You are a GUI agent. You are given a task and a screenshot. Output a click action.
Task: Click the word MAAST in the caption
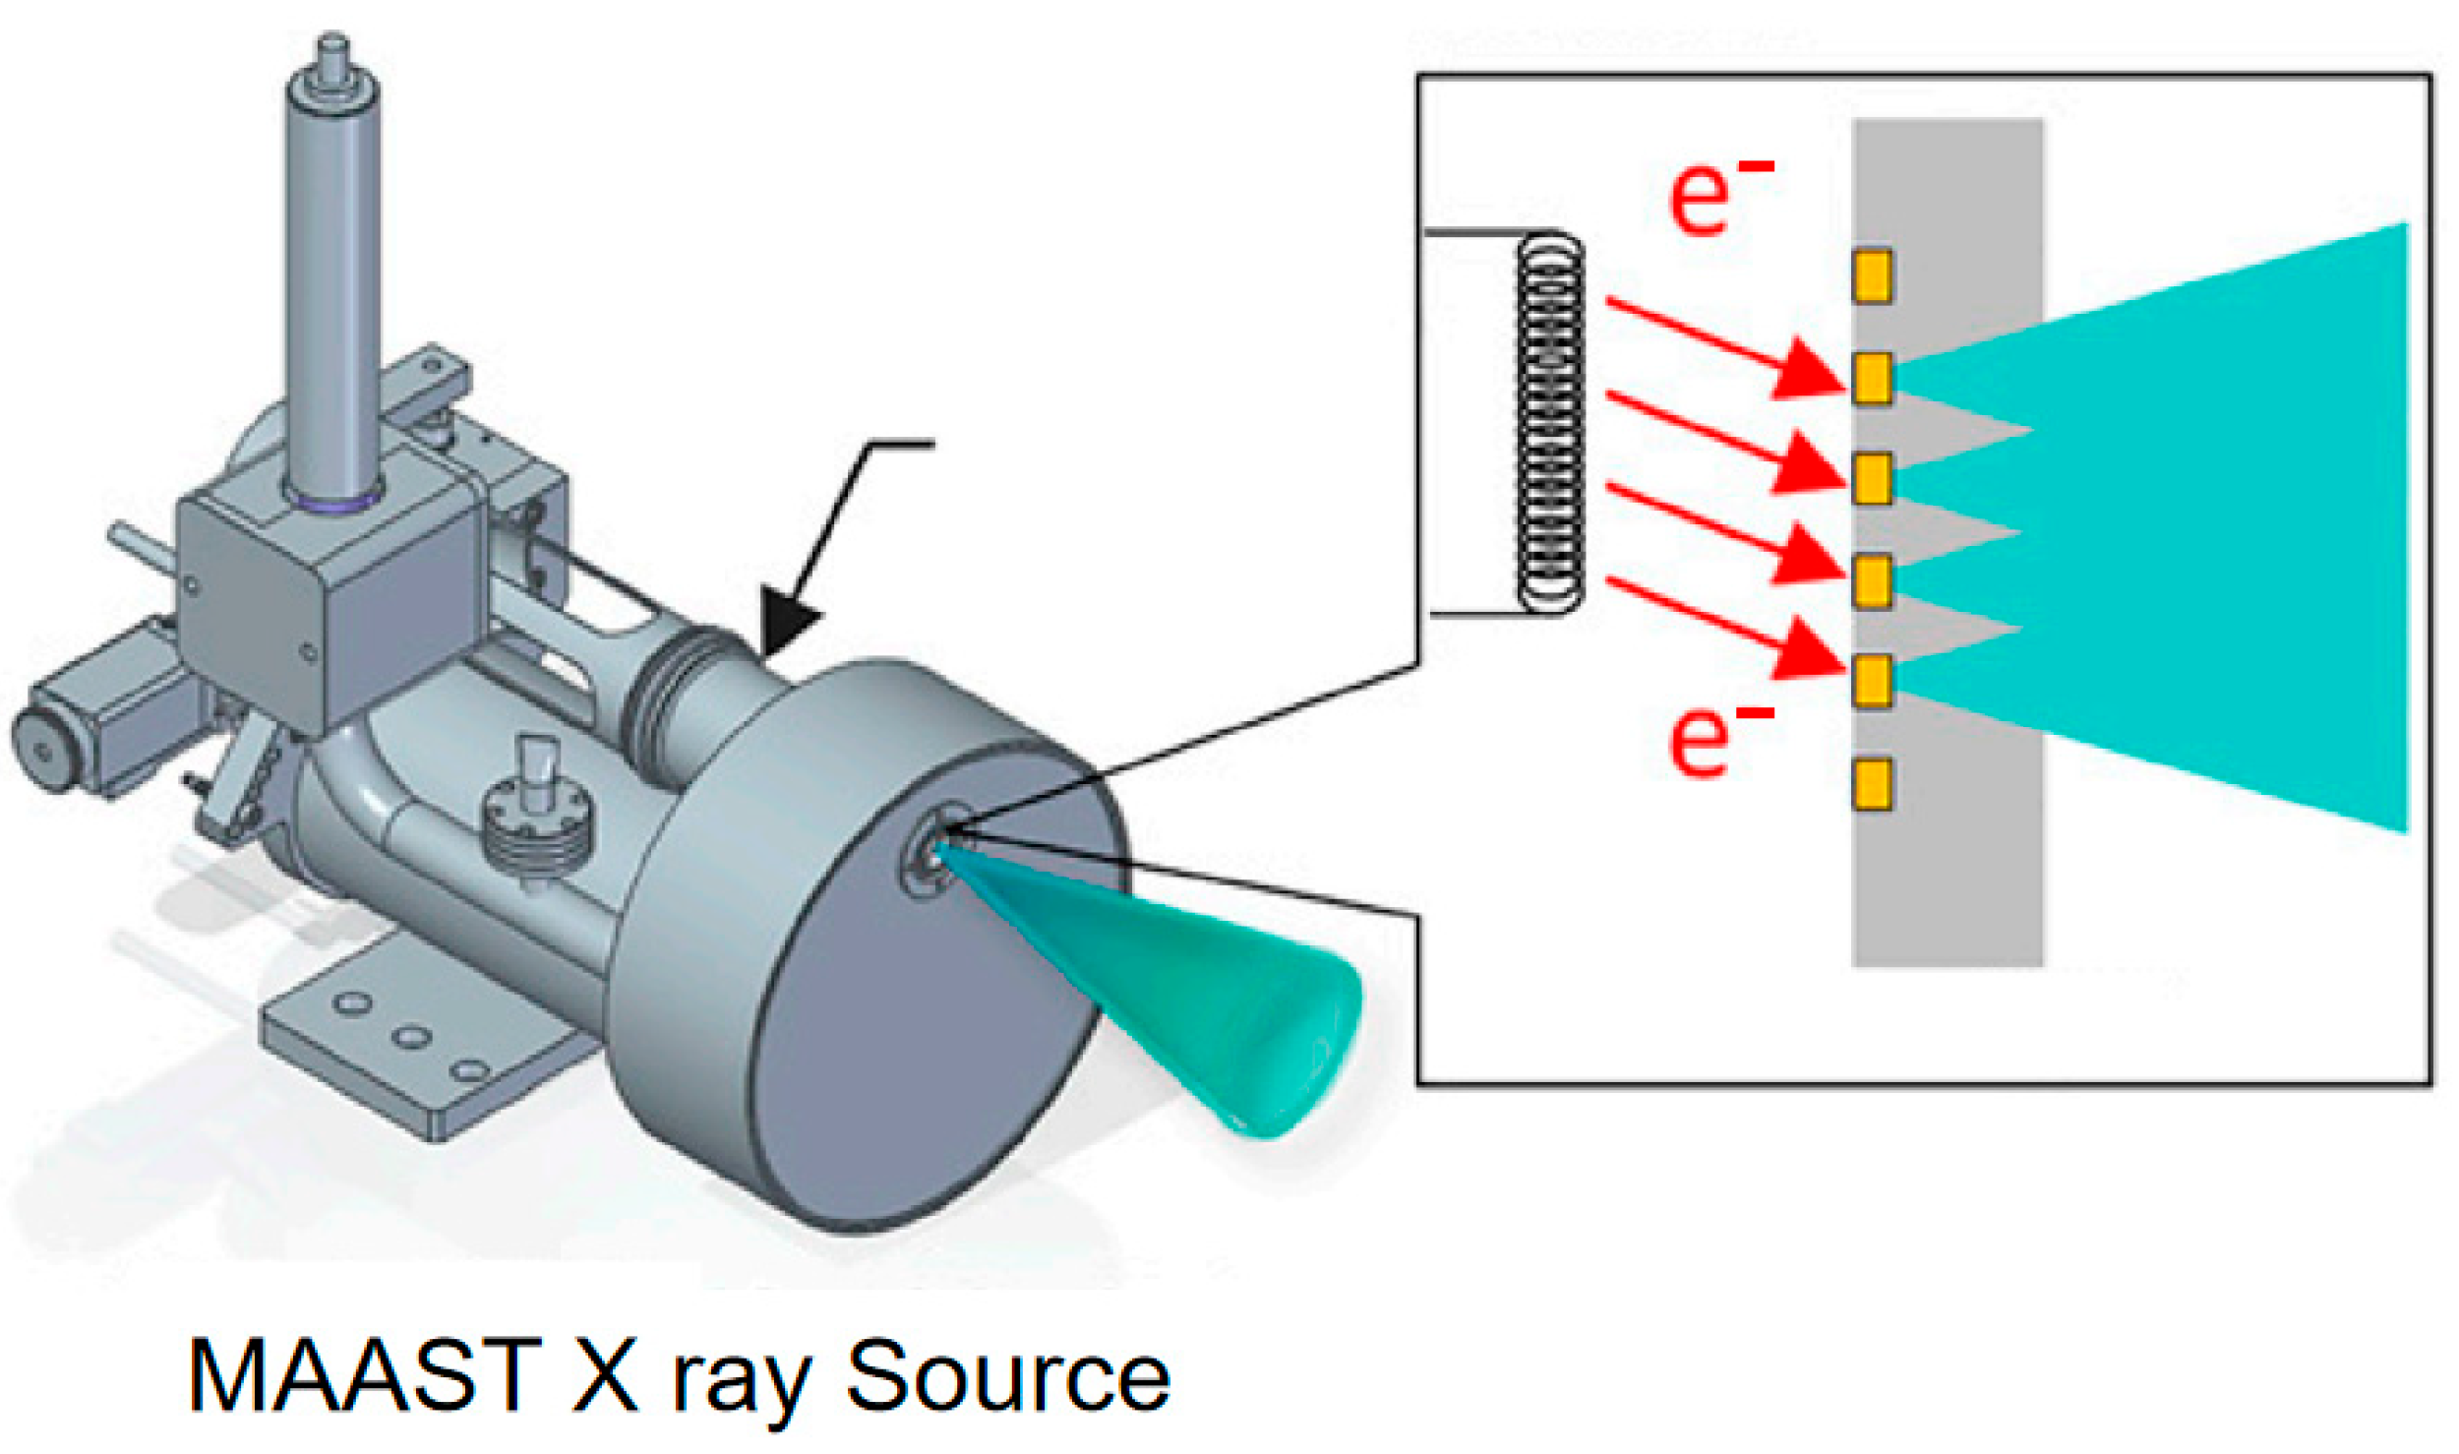(364, 1375)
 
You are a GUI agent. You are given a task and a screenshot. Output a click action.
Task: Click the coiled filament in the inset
(1550, 423)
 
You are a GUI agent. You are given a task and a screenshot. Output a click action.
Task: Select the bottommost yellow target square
(1872, 784)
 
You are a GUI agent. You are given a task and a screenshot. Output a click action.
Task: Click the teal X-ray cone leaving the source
(1180, 994)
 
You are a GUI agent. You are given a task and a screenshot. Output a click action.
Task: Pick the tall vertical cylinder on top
(332, 275)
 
